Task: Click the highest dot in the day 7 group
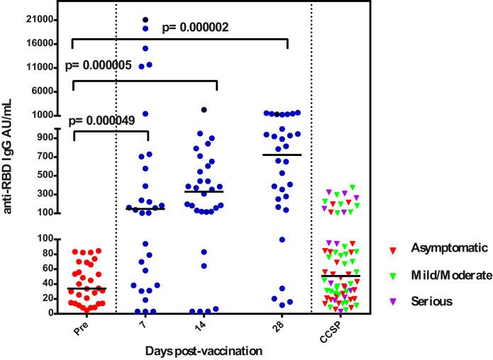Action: [x=145, y=20]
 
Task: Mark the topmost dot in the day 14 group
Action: [x=204, y=110]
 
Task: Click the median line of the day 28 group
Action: [x=287, y=154]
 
